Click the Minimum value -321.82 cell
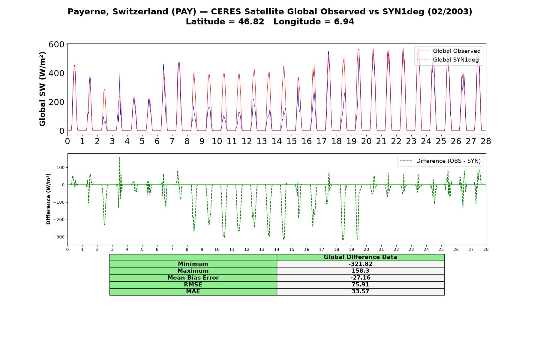tap(360, 264)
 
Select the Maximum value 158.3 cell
tap(360, 271)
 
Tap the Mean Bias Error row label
tap(193, 278)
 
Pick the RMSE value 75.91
tap(360, 285)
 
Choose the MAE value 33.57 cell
tap(360, 292)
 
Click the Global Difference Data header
tap(360, 257)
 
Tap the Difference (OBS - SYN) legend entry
tap(440, 161)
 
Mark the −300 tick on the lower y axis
tap(59, 237)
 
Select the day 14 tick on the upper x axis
tap(277, 141)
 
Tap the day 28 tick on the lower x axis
tap(486, 249)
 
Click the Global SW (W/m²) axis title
tap(43, 89)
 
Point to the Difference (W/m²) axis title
tap(48, 199)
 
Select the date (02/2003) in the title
tap(450, 12)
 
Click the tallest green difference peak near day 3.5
tap(120, 157)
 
